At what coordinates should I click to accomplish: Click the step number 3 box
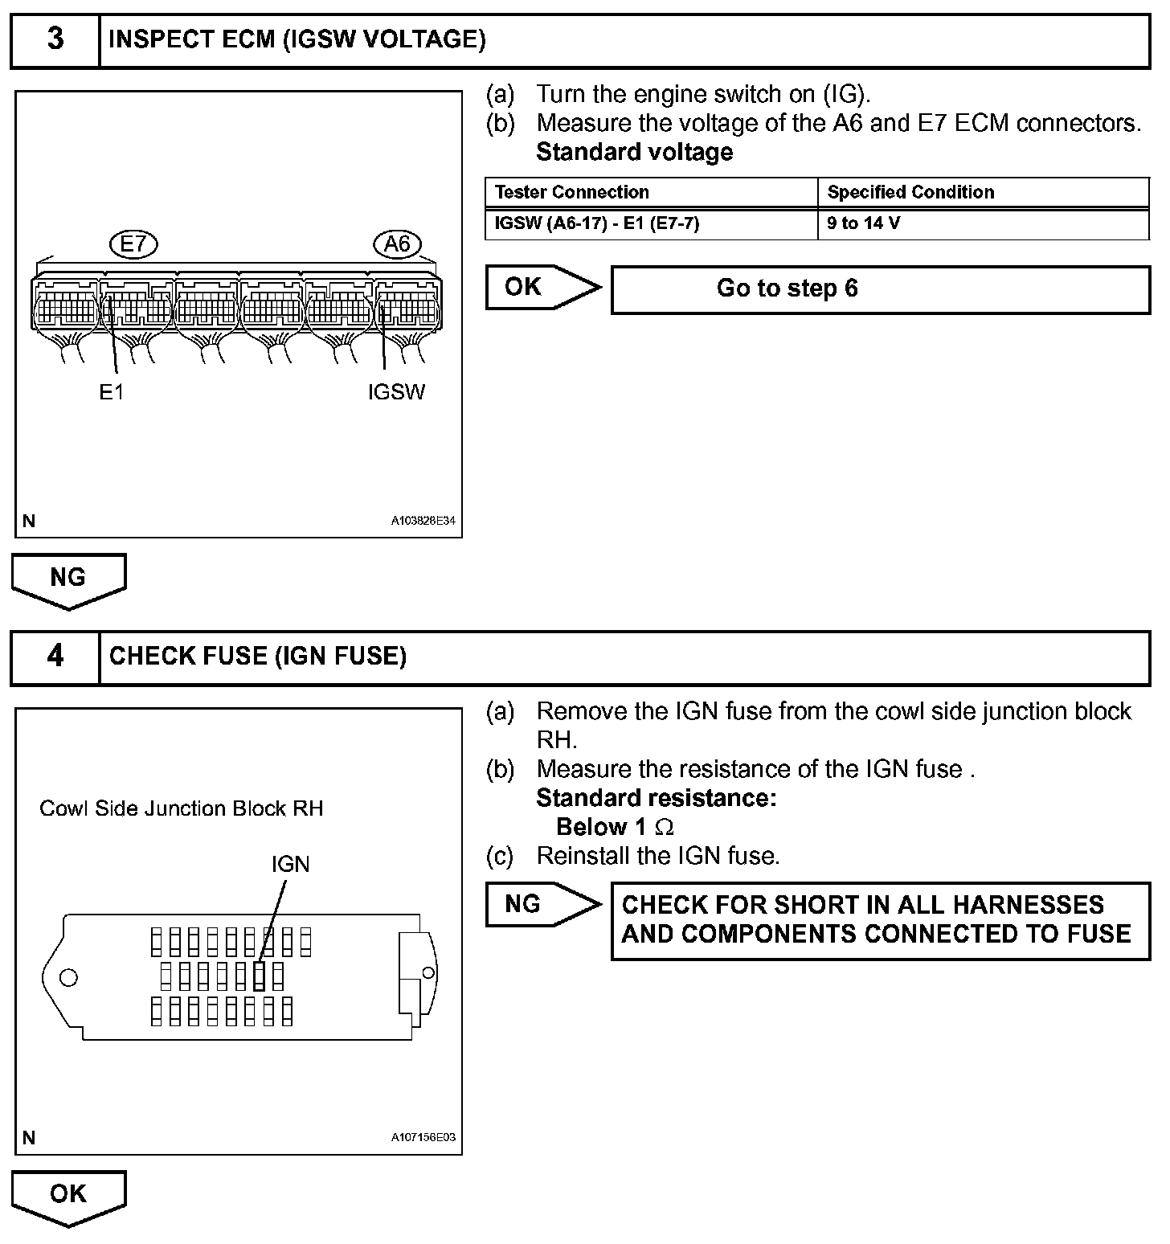(x=55, y=39)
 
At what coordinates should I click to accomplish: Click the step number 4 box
(x=55, y=657)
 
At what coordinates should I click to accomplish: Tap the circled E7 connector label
(x=133, y=243)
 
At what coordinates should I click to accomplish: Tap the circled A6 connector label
(x=397, y=243)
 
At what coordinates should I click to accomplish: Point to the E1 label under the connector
(x=112, y=392)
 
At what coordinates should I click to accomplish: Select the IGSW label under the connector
(x=396, y=392)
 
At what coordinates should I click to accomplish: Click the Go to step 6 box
(x=880, y=288)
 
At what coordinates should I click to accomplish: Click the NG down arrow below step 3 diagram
(x=68, y=579)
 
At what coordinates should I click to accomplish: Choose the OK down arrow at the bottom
(x=68, y=1196)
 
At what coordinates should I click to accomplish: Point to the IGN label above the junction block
(x=290, y=864)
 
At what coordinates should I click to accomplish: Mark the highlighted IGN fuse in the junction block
(x=259, y=976)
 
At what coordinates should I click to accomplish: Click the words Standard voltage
(x=634, y=152)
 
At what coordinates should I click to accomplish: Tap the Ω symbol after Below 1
(x=665, y=827)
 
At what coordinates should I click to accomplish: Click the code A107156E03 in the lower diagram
(x=423, y=1137)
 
